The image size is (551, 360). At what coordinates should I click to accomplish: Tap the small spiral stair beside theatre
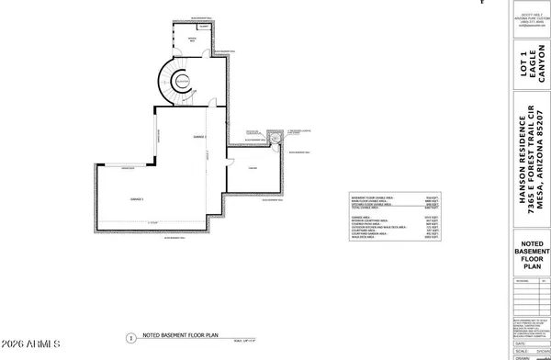pyautogui.click(x=273, y=139)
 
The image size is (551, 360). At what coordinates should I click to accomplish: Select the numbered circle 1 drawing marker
pyautogui.click(x=131, y=337)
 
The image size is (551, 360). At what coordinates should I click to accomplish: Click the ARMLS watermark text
pyautogui.click(x=29, y=346)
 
